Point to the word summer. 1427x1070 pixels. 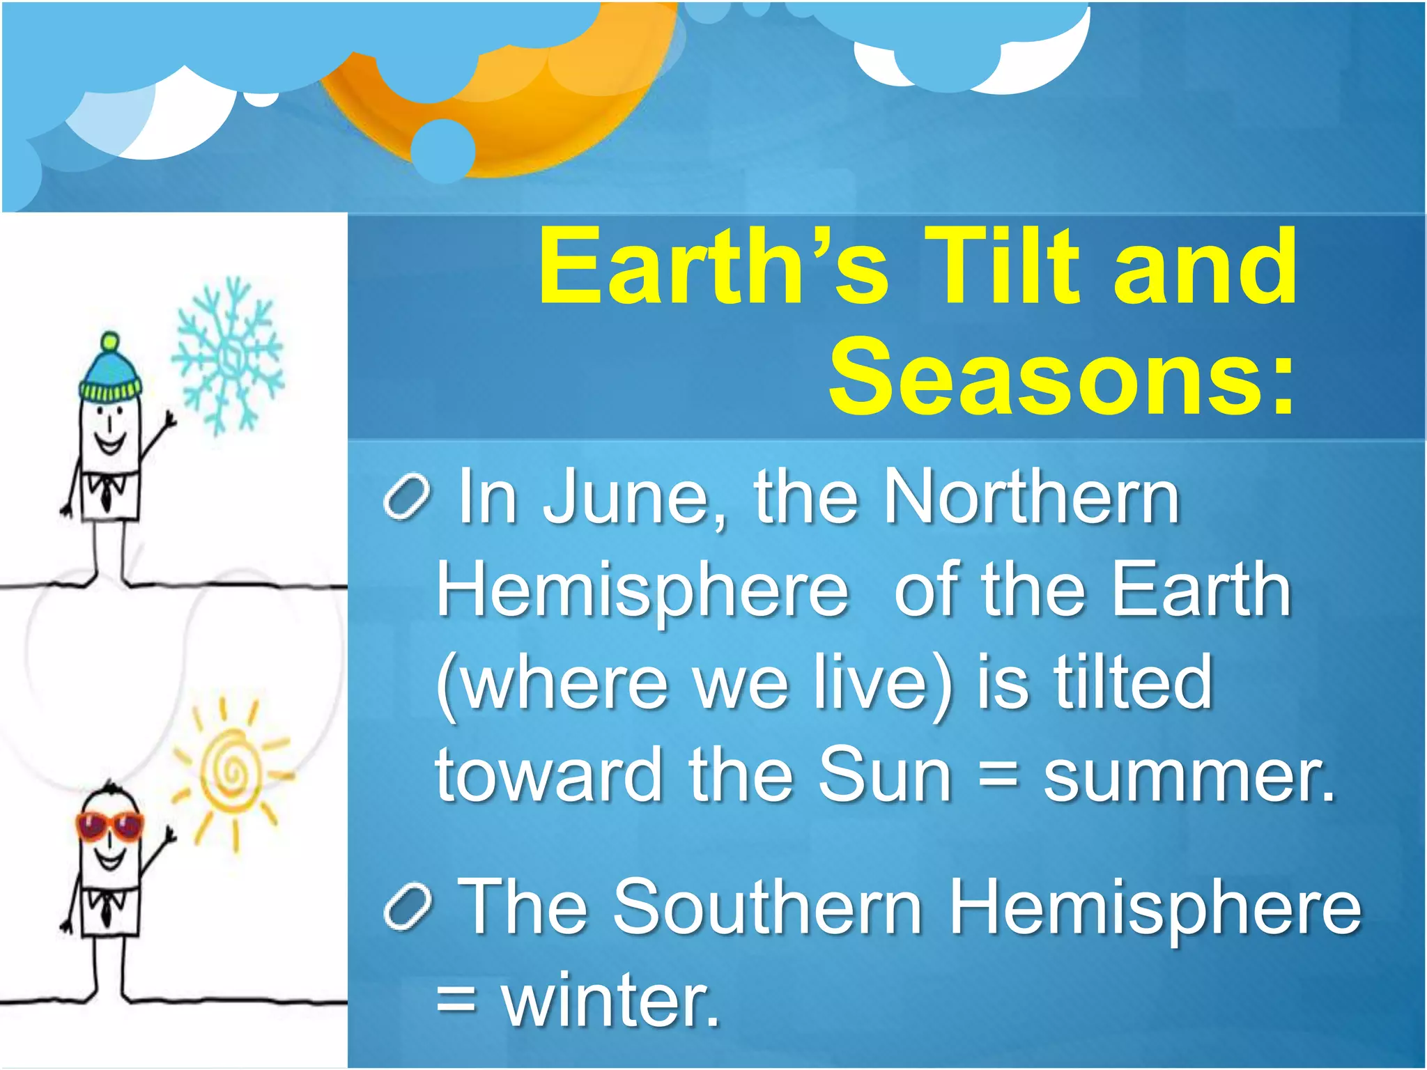pos(1189,775)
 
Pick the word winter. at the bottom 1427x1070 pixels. pos(610,1000)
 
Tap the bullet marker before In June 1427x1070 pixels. pos(408,497)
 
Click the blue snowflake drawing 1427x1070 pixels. pos(228,357)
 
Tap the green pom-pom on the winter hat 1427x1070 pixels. pos(109,342)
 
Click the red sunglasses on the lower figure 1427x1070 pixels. pos(109,826)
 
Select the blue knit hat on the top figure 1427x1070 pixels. pos(110,380)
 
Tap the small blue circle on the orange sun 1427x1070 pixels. pos(442,150)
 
